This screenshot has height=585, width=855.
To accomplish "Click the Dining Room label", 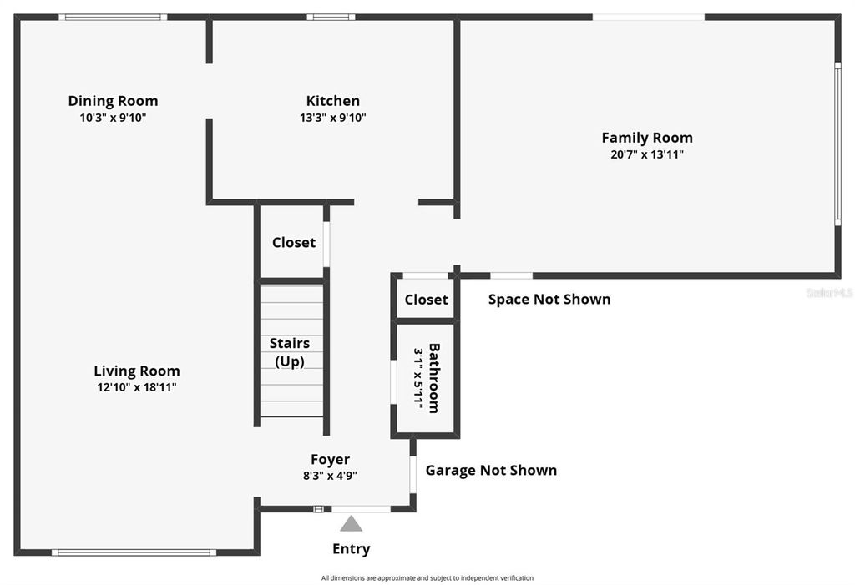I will [x=113, y=101].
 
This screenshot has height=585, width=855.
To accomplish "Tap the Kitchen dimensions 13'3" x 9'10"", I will [x=333, y=118].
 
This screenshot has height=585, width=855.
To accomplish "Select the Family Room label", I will [x=647, y=138].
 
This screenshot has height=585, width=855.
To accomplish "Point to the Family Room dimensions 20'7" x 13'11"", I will [x=647, y=154].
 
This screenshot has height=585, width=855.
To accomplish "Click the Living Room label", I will [x=136, y=371].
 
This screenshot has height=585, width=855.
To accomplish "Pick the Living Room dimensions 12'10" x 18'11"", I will [x=136, y=387].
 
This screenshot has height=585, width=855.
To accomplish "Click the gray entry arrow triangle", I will [x=352, y=524].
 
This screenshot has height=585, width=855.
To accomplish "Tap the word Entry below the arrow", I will [x=352, y=548].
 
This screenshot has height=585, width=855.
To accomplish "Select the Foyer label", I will [x=331, y=459].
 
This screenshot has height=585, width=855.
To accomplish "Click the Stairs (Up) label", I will [x=290, y=352].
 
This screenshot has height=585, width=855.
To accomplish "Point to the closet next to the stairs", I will [x=294, y=242].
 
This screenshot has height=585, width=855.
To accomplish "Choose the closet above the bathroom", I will [x=426, y=299].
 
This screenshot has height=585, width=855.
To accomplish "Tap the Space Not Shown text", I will [x=549, y=299].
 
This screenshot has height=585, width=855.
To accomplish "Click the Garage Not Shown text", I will [x=491, y=470].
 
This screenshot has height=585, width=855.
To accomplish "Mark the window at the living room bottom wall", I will [x=134, y=552].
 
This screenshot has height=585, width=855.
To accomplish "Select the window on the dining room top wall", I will [x=113, y=17].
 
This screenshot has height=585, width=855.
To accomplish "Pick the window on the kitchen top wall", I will [x=331, y=17].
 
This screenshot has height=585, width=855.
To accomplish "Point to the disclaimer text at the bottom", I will [x=427, y=577].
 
